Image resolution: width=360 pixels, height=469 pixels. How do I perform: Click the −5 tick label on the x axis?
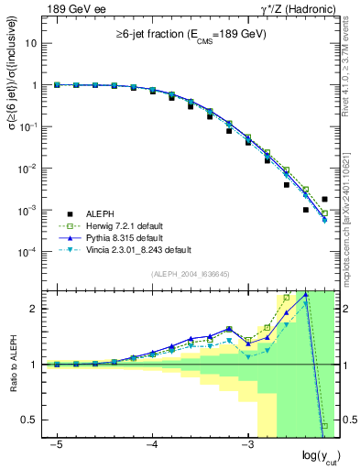56,445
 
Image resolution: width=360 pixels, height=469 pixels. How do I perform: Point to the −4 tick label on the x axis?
151,445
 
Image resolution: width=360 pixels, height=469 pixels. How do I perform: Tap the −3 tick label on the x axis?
245,445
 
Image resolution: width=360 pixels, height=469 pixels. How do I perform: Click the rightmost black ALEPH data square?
324,199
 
